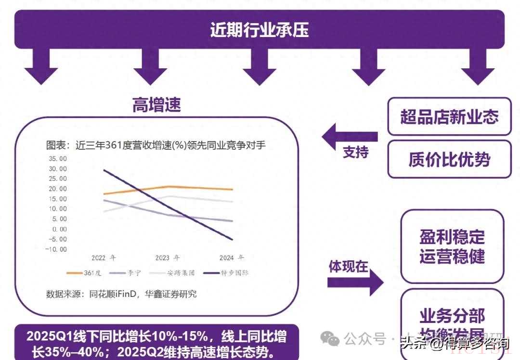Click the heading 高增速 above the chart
[156, 104]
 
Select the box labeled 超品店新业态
[449, 116]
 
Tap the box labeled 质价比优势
[449, 159]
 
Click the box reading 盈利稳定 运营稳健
[452, 246]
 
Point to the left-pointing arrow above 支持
[349, 137]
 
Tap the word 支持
[355, 153]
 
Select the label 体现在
[348, 267]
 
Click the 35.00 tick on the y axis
[57, 158]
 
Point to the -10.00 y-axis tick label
[56, 249]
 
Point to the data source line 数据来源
[121, 294]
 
